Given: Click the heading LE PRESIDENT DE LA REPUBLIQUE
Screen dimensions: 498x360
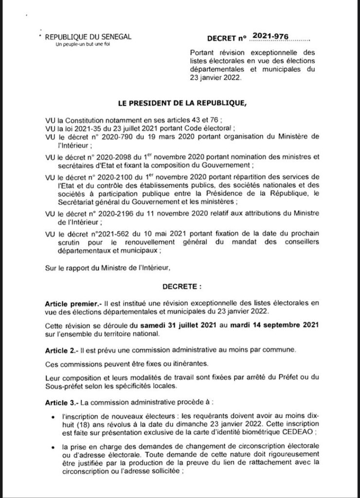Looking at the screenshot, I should [x=180, y=103].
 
